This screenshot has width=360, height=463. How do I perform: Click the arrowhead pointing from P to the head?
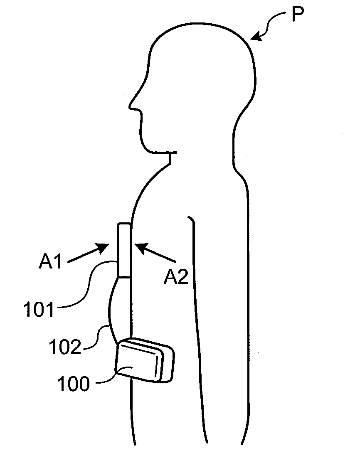[254, 38]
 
